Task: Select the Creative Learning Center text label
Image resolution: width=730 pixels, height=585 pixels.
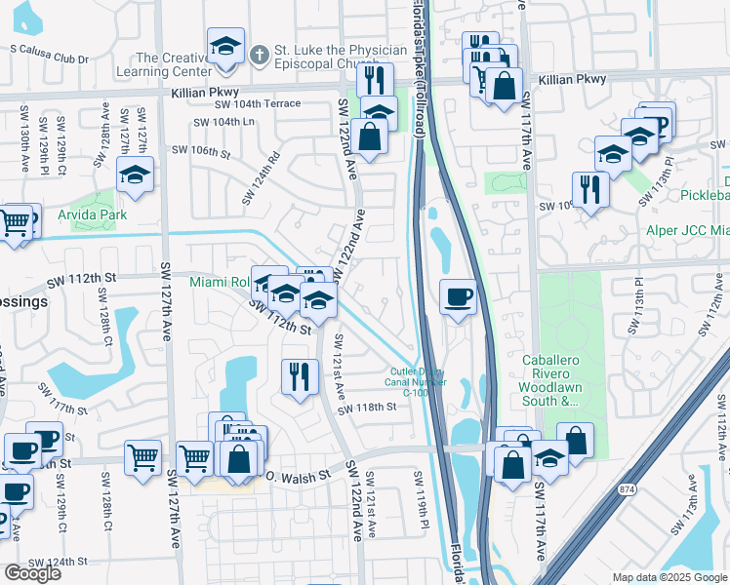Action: tap(174, 64)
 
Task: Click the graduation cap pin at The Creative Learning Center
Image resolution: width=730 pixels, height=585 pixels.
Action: tap(225, 49)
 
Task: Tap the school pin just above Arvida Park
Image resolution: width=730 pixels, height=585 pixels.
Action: tap(134, 176)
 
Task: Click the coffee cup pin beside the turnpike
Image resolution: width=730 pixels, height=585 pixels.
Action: tap(457, 297)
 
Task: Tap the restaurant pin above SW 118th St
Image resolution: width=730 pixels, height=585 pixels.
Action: tap(300, 375)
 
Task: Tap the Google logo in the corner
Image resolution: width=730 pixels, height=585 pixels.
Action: tap(32, 573)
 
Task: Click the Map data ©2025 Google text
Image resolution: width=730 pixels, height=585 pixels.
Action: tap(669, 577)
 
